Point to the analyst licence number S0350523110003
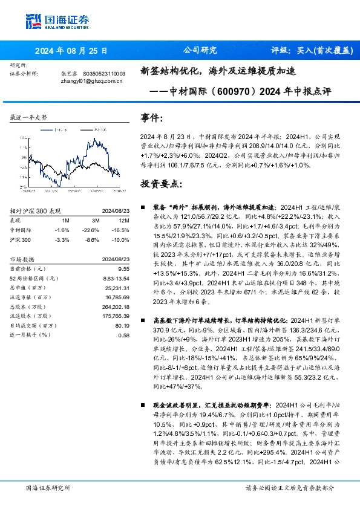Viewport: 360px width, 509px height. pos(103,73)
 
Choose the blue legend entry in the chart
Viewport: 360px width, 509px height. pos(60,129)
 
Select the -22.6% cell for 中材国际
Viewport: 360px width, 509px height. pos(93,230)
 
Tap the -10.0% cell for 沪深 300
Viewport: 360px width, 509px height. pos(122,239)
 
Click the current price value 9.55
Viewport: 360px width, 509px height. pos(124,268)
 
